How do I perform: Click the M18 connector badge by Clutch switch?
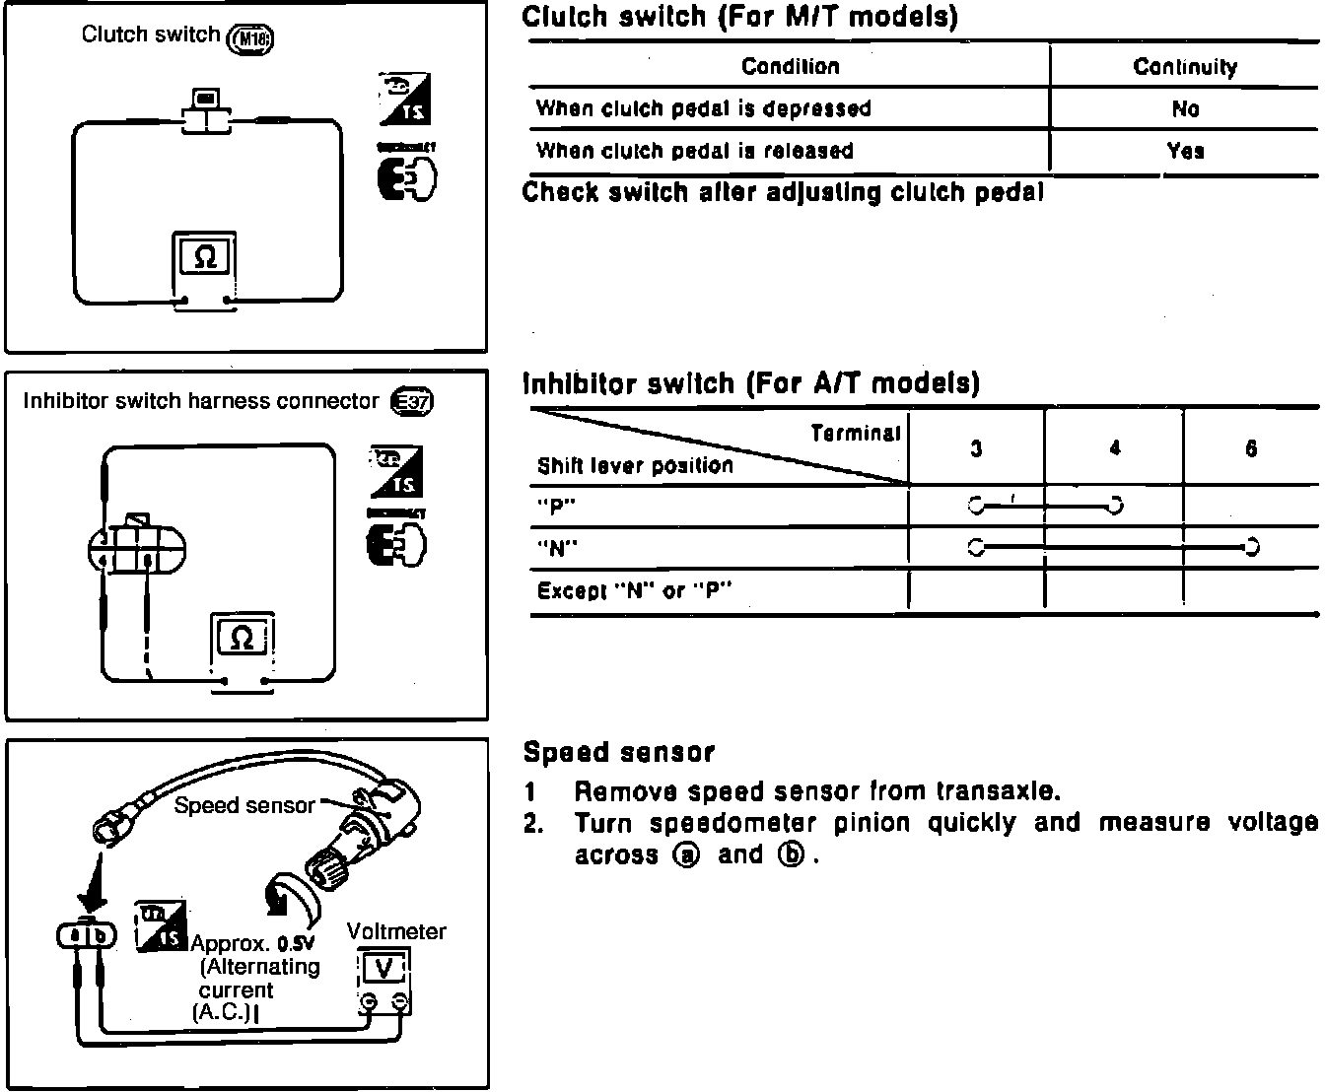point(250,38)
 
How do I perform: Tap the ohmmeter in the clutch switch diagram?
point(204,258)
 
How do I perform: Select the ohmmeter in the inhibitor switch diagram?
point(242,639)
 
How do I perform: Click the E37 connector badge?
point(411,401)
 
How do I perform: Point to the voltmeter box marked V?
point(384,969)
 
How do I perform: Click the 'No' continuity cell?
point(1185,108)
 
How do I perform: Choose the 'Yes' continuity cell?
point(1185,151)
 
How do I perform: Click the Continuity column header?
point(1185,67)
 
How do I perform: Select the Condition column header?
point(790,67)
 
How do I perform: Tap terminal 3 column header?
point(975,449)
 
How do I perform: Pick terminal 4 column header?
point(1114,449)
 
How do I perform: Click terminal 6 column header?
point(1251,449)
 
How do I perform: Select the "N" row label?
point(557,548)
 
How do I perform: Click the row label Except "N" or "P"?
point(635,591)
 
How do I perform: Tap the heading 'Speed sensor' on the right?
point(618,753)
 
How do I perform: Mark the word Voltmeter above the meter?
point(396,931)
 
